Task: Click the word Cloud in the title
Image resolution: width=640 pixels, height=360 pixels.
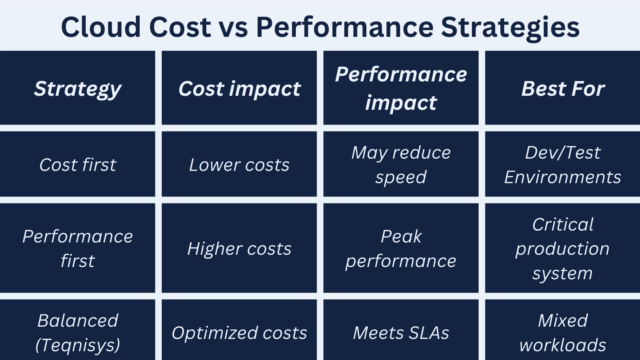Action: pyautogui.click(x=101, y=27)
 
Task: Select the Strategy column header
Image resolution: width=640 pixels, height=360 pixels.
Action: pyautogui.click(x=78, y=88)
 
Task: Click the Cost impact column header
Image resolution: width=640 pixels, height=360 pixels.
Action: pyautogui.click(x=239, y=88)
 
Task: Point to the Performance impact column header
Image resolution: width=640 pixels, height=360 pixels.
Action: pyautogui.click(x=401, y=88)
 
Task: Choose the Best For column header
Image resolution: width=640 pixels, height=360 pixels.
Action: pyautogui.click(x=563, y=88)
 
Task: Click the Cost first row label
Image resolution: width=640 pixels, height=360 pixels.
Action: pyautogui.click(x=78, y=165)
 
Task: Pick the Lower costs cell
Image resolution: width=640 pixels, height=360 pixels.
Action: pyautogui.click(x=239, y=165)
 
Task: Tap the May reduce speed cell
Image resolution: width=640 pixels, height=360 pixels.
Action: pyautogui.click(x=401, y=165)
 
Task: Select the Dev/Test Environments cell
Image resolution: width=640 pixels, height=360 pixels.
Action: pyautogui.click(x=563, y=165)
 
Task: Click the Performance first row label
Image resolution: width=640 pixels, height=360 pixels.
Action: pyautogui.click(x=78, y=248)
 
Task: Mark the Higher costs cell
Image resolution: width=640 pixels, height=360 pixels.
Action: pyautogui.click(x=239, y=248)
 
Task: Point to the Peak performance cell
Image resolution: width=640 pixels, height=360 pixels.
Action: pyautogui.click(x=401, y=248)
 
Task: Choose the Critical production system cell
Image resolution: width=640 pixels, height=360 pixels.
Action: pyautogui.click(x=563, y=248)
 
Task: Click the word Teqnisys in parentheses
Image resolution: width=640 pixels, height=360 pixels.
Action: pyautogui.click(x=78, y=345)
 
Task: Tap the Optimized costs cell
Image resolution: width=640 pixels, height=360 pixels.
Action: pyautogui.click(x=239, y=333)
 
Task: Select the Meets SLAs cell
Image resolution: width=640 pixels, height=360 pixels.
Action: pyautogui.click(x=401, y=333)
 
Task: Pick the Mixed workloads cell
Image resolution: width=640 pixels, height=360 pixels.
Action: pyautogui.click(x=563, y=333)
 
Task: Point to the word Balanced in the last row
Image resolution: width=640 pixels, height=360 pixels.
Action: pyautogui.click(x=78, y=320)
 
